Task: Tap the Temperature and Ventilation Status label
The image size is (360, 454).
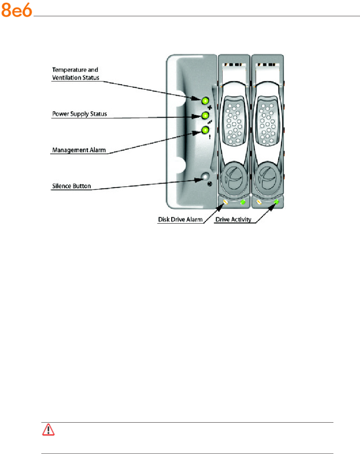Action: click(76, 73)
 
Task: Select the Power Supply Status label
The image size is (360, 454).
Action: click(79, 114)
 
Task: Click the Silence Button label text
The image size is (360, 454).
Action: click(70, 185)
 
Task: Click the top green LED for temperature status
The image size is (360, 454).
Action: click(205, 101)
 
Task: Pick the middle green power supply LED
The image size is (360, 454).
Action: click(205, 116)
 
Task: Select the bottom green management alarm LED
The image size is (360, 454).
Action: click(205, 130)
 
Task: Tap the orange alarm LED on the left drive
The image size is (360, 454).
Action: click(225, 202)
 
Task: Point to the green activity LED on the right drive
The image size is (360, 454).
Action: click(276, 202)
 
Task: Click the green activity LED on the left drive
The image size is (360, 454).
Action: click(243, 202)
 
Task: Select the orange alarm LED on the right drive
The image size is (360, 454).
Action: click(259, 202)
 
